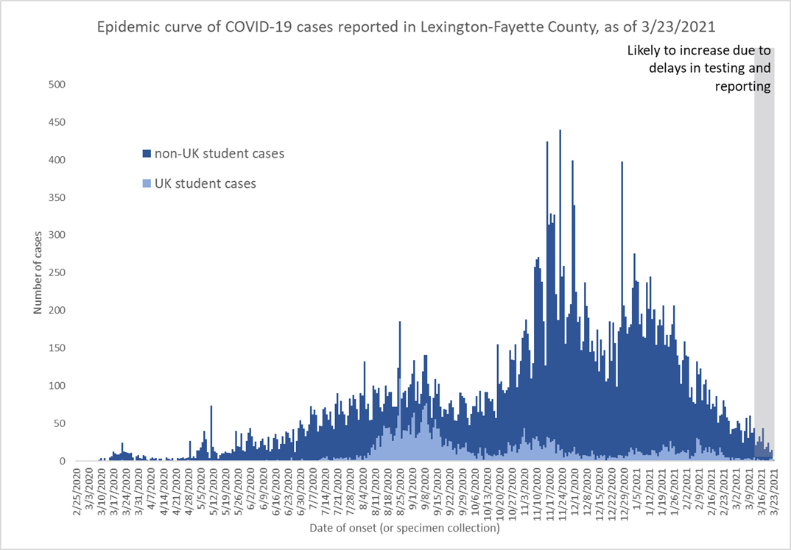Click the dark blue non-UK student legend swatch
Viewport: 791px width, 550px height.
tap(147, 154)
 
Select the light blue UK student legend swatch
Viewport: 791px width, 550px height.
tap(147, 183)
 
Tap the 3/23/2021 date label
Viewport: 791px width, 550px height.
tap(773, 493)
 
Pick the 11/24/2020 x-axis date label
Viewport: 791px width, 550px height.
tap(561, 493)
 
